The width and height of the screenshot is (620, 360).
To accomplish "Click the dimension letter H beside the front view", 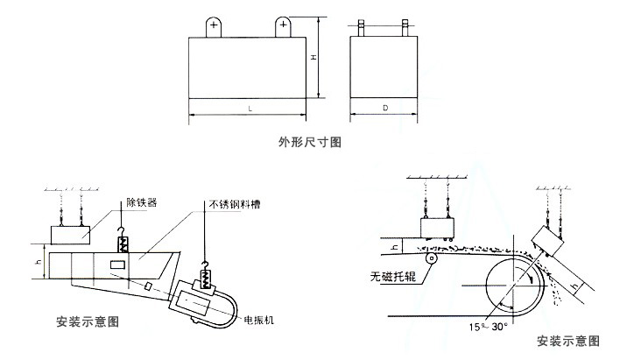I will click(313, 58).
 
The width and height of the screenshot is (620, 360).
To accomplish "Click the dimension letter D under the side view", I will click(384, 109).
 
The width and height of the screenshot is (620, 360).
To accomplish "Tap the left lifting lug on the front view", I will click(214, 27).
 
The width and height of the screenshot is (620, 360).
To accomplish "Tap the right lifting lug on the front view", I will click(284, 27).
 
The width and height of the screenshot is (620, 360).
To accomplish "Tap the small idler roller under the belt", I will click(431, 258).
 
